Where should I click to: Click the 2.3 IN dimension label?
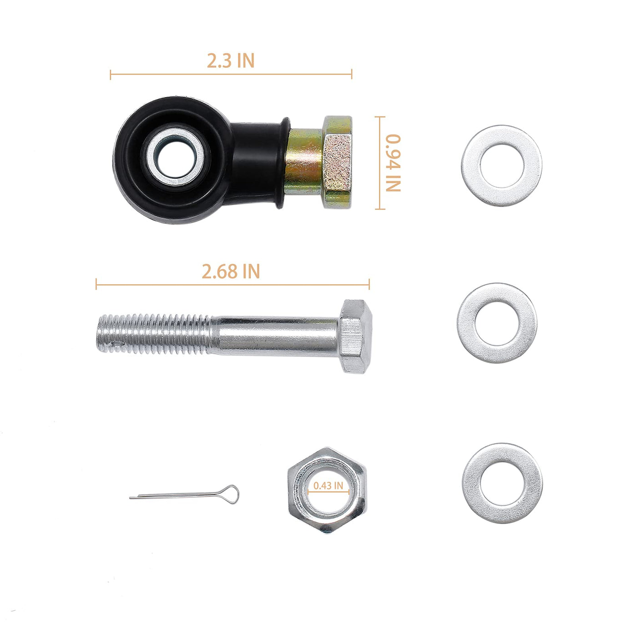click(231, 61)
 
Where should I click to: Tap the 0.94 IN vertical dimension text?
click(393, 162)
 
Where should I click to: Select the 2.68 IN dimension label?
click(231, 271)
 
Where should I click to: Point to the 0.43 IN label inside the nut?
click(328, 485)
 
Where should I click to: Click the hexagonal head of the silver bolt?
click(355, 336)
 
